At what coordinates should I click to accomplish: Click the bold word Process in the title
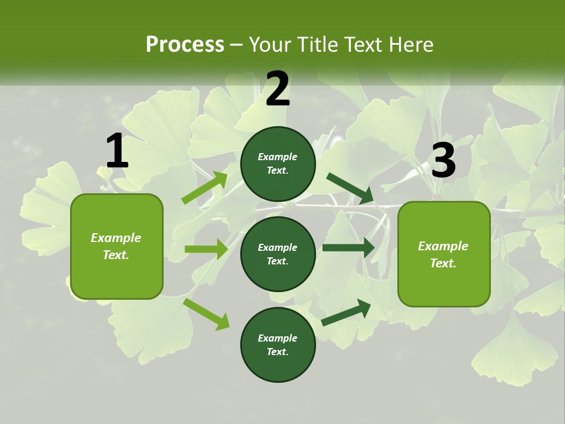click(x=185, y=45)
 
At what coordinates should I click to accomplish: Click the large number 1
click(x=117, y=151)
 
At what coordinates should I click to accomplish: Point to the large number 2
click(x=278, y=89)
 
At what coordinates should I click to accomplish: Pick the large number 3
click(x=443, y=161)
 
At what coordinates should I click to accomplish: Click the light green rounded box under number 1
click(x=117, y=246)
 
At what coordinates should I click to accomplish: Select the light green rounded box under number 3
click(x=444, y=254)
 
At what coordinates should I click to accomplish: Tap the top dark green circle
click(x=278, y=164)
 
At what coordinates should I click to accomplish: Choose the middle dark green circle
click(x=278, y=254)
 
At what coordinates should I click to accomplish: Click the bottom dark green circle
click(x=278, y=344)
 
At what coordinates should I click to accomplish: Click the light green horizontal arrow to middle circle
click(x=206, y=249)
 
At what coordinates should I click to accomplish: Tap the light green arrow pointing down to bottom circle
click(x=207, y=314)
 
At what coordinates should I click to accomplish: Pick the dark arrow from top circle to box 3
click(x=350, y=188)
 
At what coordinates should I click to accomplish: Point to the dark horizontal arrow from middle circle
click(x=348, y=248)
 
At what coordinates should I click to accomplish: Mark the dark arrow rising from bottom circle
click(x=347, y=312)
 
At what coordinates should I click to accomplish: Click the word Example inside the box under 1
click(x=116, y=238)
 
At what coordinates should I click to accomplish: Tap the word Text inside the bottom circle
click(x=277, y=352)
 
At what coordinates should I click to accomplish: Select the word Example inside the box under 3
click(x=443, y=246)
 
